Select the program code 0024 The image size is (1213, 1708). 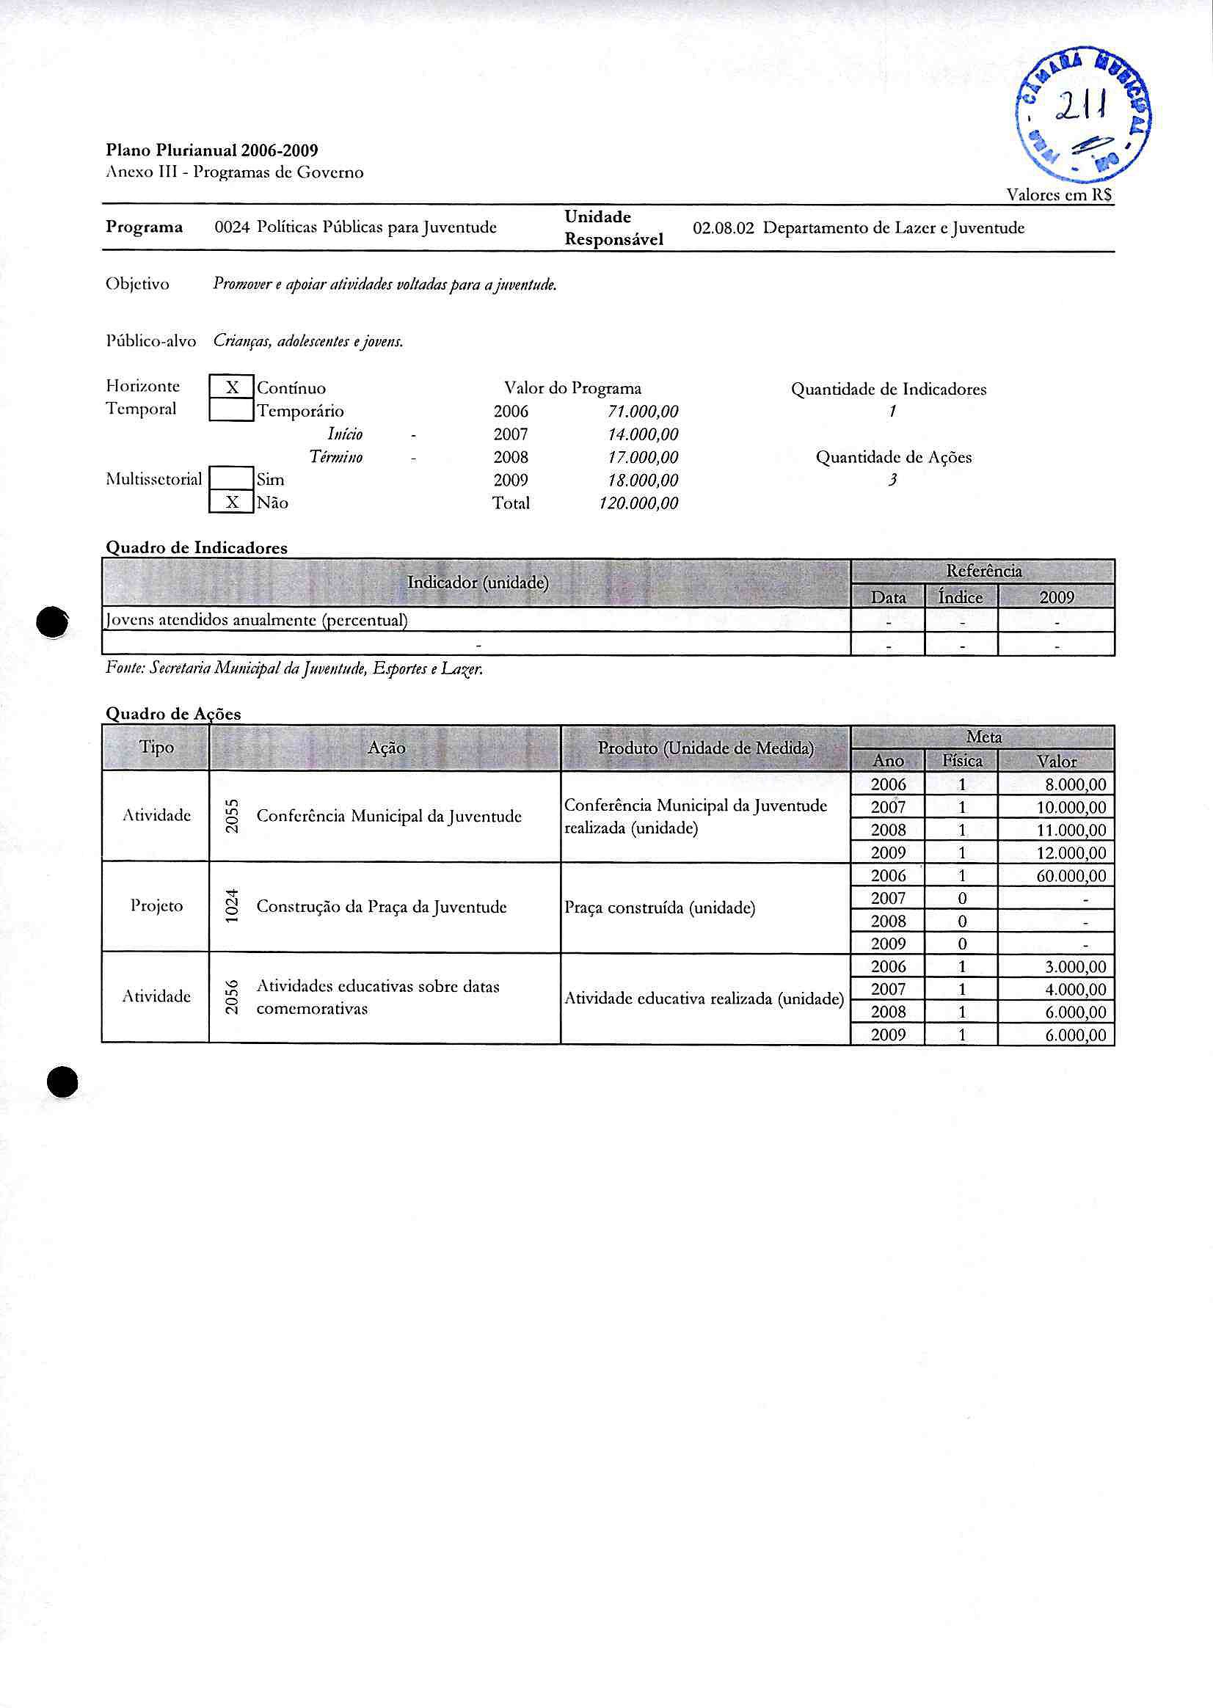[232, 227]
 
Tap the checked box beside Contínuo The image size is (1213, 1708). [232, 387]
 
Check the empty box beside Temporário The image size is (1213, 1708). [232, 410]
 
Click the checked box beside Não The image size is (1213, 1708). [232, 503]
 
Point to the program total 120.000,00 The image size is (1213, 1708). [638, 503]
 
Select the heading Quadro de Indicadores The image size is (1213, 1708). [197, 547]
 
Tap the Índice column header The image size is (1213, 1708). [961, 597]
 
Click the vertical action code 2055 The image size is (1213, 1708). [233, 817]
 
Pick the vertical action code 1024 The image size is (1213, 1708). [233, 907]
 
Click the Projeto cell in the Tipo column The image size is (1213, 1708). [156, 906]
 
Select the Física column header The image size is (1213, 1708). [962, 761]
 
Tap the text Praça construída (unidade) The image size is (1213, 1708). [660, 908]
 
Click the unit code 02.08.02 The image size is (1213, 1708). [723, 227]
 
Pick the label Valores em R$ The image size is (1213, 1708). [1059, 195]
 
